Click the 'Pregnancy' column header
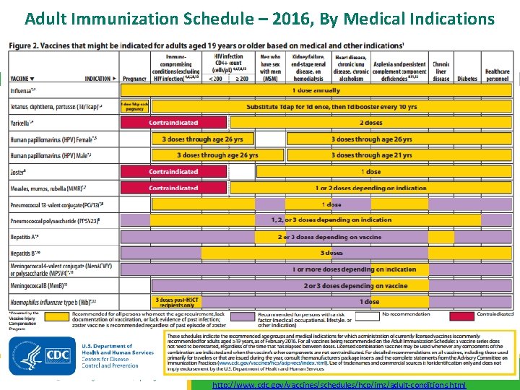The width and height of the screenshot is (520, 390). click(134, 78)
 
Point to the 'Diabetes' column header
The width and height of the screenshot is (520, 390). click(467, 78)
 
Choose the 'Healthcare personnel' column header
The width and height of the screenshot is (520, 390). click(497, 74)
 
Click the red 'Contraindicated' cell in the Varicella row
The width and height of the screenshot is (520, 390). click(173, 123)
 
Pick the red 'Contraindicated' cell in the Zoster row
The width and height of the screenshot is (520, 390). click(173, 172)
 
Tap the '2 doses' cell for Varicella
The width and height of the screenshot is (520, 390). click(371, 123)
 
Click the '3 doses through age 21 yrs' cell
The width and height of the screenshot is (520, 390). click(371, 155)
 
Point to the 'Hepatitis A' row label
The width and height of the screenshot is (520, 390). click(26, 237)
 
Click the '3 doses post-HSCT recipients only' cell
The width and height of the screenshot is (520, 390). click(173, 301)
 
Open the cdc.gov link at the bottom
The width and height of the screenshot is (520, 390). click(339, 385)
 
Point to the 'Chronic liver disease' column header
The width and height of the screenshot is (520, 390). click(441, 71)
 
